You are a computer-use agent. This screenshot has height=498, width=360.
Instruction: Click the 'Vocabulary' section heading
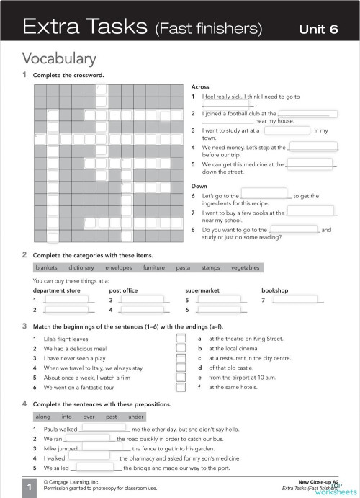59,58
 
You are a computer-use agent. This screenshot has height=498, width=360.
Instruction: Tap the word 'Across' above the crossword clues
200,86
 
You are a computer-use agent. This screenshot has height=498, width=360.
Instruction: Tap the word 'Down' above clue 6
199,186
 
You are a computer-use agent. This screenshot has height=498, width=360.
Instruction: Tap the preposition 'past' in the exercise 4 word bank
111,417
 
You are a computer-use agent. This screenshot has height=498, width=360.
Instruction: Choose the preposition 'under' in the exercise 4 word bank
136,417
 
